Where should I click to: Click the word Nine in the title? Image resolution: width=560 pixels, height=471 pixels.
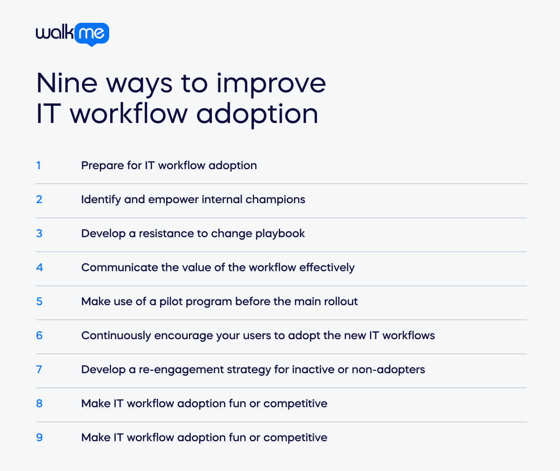[67, 83]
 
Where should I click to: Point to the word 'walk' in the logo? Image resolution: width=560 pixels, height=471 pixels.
[55, 33]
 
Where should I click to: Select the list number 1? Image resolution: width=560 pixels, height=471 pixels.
[38, 165]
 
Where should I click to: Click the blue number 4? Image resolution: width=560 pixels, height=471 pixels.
[39, 267]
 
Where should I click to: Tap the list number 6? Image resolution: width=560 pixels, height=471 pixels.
[39, 335]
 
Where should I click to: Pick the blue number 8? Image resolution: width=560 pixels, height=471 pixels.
[39, 403]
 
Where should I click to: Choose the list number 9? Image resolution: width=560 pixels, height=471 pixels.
[39, 437]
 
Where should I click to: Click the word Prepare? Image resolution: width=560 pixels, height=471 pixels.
[99, 166]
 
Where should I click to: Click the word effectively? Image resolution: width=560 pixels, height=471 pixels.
[327, 268]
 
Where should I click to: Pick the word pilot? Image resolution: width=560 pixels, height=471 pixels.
[171, 302]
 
